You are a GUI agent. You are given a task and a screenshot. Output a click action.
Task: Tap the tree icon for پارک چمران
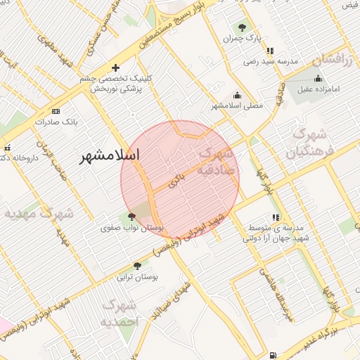click(242, 28)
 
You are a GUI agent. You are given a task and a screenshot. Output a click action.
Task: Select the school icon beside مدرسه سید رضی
click(270, 51)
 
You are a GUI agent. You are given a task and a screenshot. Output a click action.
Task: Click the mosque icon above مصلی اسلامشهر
click(238, 95)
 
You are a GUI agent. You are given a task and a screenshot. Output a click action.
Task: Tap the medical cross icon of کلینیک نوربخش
click(115, 67)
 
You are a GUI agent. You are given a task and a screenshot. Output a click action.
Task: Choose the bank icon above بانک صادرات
click(56, 111)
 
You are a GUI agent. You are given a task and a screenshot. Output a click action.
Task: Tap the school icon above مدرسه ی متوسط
click(275, 218)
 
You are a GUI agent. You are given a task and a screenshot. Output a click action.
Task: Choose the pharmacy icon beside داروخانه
click(7, 148)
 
